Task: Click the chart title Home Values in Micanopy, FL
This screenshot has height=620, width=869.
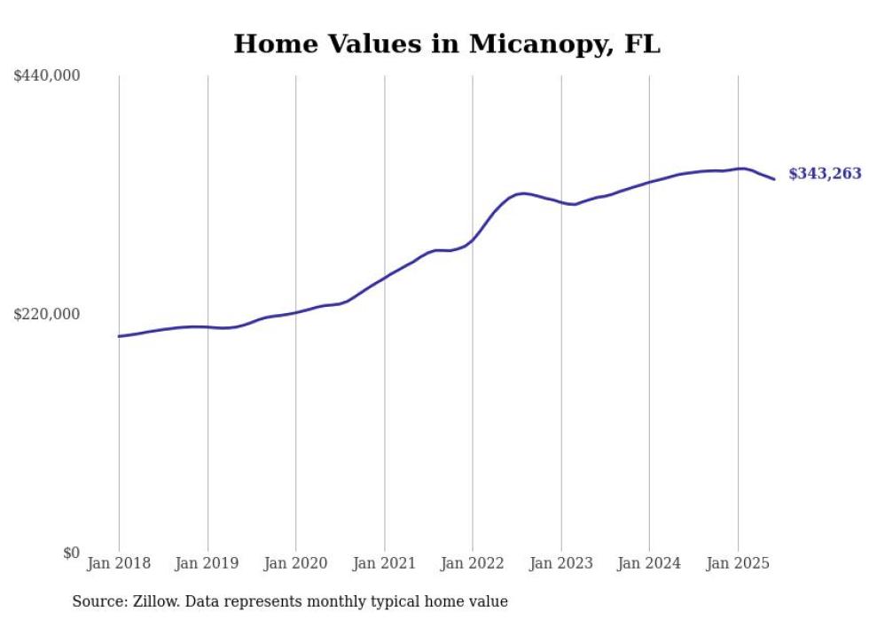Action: click(x=447, y=43)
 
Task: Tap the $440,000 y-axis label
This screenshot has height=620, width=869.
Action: click(x=47, y=76)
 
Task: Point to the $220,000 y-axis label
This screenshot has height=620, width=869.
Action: click(x=47, y=314)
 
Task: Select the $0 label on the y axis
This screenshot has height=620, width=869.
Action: click(x=71, y=553)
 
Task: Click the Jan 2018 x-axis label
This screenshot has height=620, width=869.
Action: click(x=119, y=563)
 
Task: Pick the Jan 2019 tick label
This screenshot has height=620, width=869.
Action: click(x=207, y=563)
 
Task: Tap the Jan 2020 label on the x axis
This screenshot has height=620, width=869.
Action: click(x=296, y=563)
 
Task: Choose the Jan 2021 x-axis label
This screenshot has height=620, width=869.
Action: click(x=384, y=563)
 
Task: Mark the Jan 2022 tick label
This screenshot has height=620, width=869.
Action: click(x=473, y=563)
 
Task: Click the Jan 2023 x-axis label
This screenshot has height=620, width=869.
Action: click(x=561, y=563)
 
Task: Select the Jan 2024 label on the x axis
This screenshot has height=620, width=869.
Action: click(x=649, y=563)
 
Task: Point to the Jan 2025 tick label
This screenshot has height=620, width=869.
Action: click(x=738, y=563)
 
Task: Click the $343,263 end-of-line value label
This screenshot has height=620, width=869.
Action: click(x=825, y=174)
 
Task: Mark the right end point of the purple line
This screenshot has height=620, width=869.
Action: click(x=775, y=180)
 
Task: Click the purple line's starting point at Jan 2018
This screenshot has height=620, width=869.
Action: click(x=119, y=336)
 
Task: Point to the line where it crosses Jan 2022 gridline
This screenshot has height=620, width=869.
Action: click(x=473, y=239)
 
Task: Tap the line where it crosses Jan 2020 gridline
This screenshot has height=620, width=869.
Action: click(x=296, y=312)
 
